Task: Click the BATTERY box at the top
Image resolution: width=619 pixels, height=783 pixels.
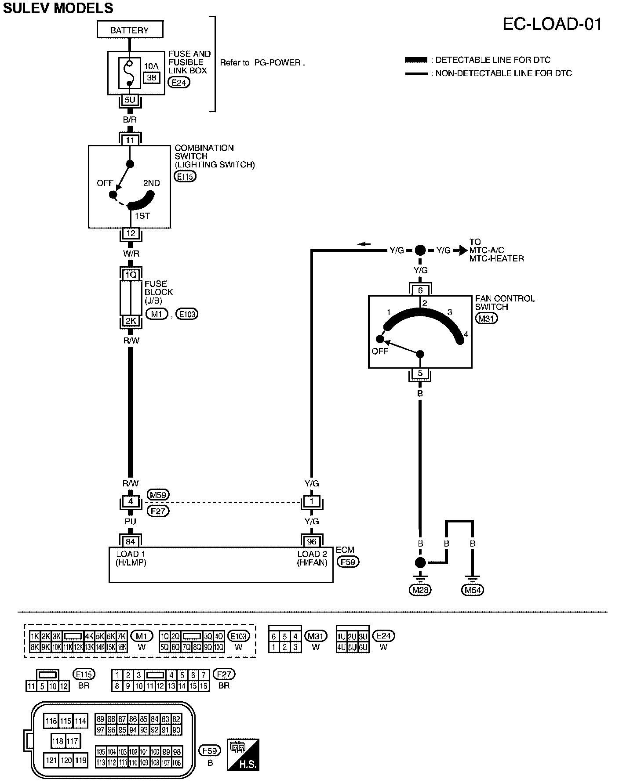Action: (x=130, y=30)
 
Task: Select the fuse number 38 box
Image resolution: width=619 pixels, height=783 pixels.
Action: (x=151, y=78)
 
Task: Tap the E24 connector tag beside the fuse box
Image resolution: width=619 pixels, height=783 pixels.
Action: (x=179, y=82)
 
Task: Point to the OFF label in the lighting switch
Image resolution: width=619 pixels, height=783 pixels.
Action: (x=106, y=183)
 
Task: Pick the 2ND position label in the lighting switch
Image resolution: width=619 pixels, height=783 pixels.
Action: (x=151, y=183)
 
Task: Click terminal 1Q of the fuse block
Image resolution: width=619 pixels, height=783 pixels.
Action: (x=131, y=275)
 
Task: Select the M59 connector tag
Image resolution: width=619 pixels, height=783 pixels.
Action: (x=158, y=495)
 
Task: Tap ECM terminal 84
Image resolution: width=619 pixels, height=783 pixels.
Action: (x=131, y=541)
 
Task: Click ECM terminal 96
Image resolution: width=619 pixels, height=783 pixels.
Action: (x=312, y=541)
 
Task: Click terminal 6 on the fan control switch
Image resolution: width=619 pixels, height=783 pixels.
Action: (x=420, y=290)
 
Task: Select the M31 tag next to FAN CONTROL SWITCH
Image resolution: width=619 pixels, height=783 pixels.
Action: (x=486, y=319)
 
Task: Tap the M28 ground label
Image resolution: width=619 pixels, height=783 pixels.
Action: (x=420, y=590)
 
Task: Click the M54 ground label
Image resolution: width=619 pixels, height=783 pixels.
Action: (x=473, y=590)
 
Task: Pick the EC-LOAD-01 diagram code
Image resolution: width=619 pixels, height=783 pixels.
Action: (x=552, y=24)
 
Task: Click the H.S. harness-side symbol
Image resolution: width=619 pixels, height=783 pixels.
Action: (x=243, y=755)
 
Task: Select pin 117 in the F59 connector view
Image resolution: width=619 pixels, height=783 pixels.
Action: (x=72, y=741)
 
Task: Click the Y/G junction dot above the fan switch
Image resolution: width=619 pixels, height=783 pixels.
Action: (x=420, y=250)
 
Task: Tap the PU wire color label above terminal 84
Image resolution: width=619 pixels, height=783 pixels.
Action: (x=131, y=522)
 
